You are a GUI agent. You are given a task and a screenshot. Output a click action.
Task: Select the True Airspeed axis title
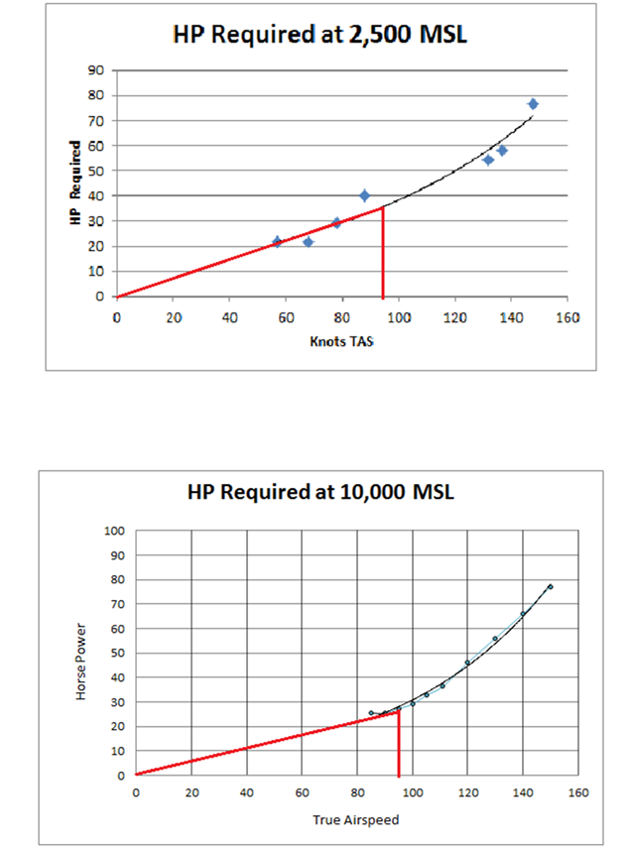[356, 820]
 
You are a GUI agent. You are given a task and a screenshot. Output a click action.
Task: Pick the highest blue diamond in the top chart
[533, 104]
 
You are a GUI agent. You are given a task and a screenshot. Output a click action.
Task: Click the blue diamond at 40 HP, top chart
[364, 195]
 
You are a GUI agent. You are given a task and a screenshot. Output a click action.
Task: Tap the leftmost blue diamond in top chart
[277, 241]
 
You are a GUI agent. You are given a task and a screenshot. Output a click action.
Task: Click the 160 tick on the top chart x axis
[568, 318]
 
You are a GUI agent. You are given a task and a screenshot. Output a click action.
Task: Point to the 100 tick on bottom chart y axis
[113, 532]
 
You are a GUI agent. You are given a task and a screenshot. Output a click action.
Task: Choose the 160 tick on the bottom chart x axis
[579, 793]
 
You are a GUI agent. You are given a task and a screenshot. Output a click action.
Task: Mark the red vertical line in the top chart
[383, 252]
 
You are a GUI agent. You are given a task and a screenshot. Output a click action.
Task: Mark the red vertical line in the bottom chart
[399, 744]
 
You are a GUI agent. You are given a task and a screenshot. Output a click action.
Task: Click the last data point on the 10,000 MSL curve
[550, 587]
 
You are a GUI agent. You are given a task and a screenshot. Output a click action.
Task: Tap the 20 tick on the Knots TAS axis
[173, 318]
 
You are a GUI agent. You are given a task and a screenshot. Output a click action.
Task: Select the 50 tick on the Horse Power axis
[116, 654]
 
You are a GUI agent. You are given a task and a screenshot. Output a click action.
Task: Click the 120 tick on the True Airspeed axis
[468, 793]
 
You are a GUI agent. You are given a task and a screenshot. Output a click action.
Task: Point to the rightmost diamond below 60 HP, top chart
[502, 151]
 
